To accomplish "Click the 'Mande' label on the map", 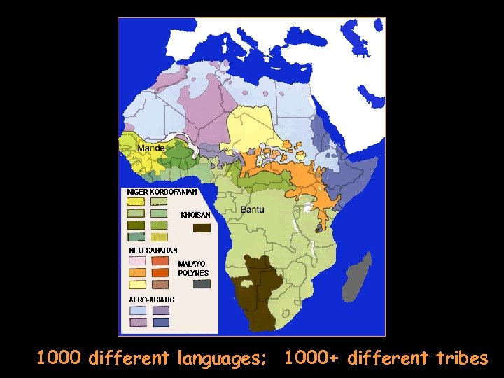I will coord(151,148).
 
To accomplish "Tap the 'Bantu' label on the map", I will coord(252,209).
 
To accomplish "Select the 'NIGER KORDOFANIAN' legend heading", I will coord(162,191).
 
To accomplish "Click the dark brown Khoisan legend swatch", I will coord(202,227).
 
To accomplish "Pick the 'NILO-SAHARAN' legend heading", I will coord(153,250).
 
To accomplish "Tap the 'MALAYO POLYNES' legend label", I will coord(192,268).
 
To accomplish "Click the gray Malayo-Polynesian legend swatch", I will coord(202,283).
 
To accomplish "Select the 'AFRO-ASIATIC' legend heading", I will coord(152,300).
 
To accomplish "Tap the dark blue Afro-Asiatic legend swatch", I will coord(161,323).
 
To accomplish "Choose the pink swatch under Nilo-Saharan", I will coord(136,260).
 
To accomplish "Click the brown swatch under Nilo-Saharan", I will coord(161,284).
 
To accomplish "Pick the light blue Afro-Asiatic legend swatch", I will coord(136,310).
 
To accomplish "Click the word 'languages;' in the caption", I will coord(221,359).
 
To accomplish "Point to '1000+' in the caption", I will coord(312,359).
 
